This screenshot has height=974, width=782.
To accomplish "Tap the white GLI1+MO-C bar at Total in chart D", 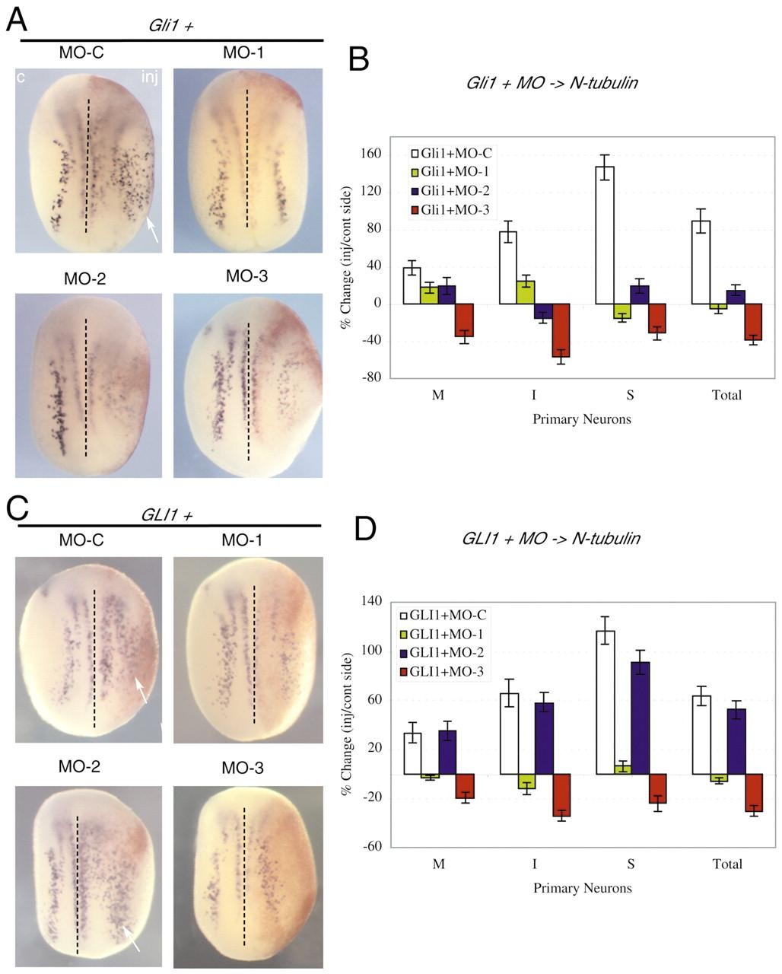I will tap(702, 735).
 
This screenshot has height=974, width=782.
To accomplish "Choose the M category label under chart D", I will tap(438, 864).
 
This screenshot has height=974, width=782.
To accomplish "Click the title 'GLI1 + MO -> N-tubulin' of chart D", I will tap(551, 539).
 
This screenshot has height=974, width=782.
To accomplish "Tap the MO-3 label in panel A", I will tap(247, 276).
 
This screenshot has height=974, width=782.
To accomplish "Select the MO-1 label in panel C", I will tap(243, 540).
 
